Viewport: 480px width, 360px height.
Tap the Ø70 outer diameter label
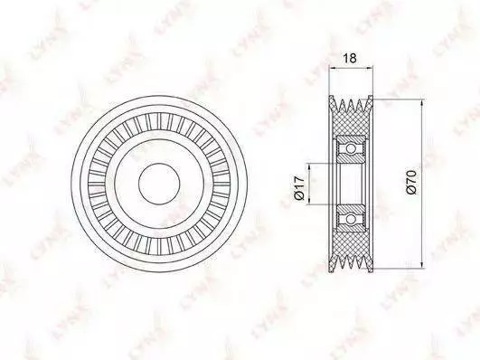click(411, 182)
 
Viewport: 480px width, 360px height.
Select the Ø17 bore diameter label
click(299, 188)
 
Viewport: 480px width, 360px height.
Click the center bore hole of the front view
click(159, 184)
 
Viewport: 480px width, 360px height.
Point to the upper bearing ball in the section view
click(351, 149)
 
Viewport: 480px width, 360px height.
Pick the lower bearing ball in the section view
click(351, 219)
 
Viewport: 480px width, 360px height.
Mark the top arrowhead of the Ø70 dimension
click(423, 102)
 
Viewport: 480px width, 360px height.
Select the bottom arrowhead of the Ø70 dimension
click(423, 265)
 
